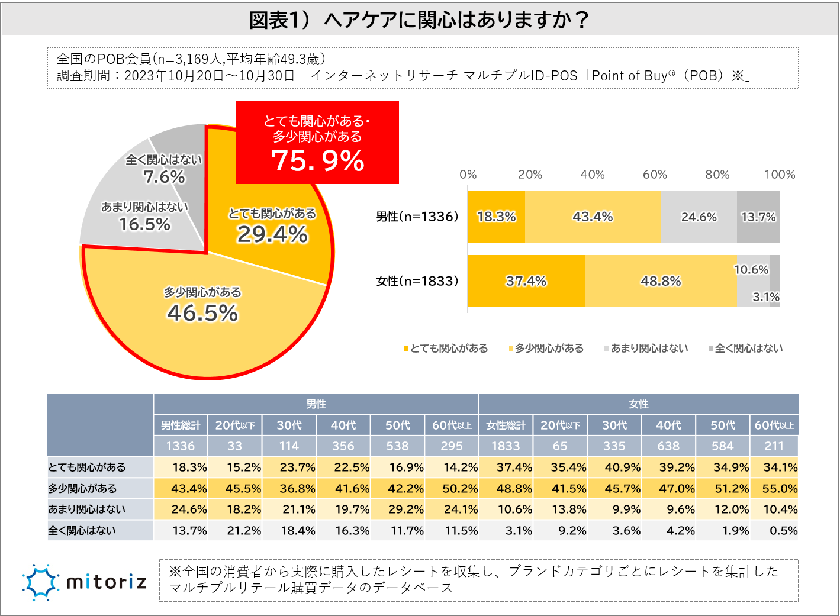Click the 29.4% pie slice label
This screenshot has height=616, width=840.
point(272,235)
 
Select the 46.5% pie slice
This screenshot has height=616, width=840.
point(202,312)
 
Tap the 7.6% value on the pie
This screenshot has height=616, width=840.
point(164,176)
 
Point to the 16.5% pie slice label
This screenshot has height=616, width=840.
point(144,224)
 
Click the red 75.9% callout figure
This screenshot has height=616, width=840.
point(317,160)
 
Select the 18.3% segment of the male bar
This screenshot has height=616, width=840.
point(496,217)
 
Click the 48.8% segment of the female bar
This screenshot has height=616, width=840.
point(661,281)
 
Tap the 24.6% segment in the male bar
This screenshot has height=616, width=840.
point(699,217)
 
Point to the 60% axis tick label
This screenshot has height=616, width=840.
point(655,175)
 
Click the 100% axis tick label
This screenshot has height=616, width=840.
point(780,175)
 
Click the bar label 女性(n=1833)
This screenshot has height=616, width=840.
point(417,281)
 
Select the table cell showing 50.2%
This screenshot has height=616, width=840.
point(460,489)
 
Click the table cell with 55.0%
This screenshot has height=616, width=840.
point(779,489)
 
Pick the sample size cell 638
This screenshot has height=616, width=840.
point(668,446)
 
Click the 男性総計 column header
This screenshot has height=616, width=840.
point(181,425)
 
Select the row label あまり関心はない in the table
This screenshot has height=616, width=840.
point(86,509)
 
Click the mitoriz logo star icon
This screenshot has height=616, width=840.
point(40,582)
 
